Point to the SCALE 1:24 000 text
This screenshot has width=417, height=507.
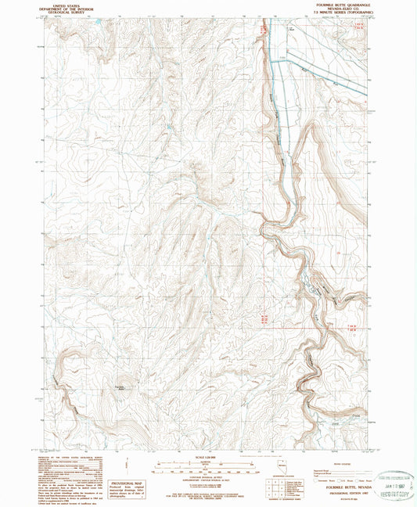(x=207, y=458)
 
